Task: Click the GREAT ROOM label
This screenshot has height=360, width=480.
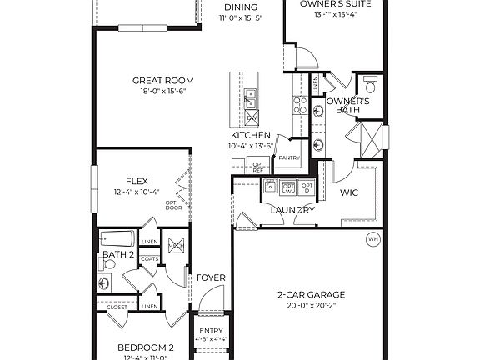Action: point(163,81)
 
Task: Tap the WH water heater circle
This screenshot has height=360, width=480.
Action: point(372,240)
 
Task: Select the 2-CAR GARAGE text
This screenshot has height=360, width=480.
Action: point(310,294)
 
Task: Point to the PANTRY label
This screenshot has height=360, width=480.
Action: point(289,157)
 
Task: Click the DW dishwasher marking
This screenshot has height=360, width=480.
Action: point(251,117)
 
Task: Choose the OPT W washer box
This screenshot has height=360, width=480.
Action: point(289,187)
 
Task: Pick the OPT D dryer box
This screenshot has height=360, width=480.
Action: point(307,187)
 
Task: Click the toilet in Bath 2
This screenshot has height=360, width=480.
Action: point(105,264)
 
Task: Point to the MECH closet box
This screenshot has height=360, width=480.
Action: point(176,245)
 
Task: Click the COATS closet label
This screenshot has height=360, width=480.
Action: point(149,258)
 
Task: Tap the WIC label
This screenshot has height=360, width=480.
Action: point(349,192)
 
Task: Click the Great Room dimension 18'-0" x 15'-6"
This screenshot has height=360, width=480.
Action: point(163,92)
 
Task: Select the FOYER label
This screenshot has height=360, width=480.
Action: point(206,277)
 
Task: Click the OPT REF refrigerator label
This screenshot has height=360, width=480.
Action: point(257,167)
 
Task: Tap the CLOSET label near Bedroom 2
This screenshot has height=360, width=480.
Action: point(117,307)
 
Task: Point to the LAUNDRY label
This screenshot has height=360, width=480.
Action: point(292,209)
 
